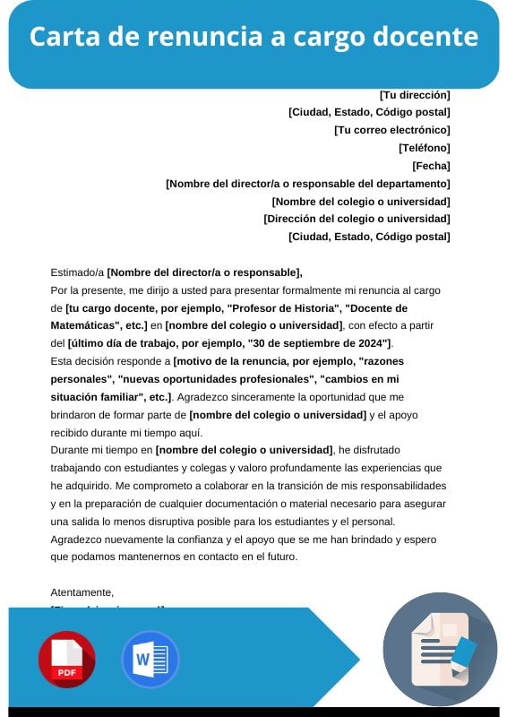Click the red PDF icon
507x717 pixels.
(66, 659)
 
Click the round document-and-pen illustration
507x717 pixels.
(440, 649)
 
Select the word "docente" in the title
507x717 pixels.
(428, 38)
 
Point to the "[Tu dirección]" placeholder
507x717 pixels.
(415, 95)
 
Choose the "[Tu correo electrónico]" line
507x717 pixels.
(391, 130)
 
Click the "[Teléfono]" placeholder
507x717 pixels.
(424, 148)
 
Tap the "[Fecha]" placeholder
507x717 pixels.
(431, 166)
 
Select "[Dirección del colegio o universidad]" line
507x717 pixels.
(357, 219)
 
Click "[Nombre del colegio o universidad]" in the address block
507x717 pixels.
(360, 202)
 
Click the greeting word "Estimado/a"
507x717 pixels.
(77, 272)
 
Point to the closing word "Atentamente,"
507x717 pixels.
(82, 592)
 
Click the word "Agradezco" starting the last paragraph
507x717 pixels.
(79, 539)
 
